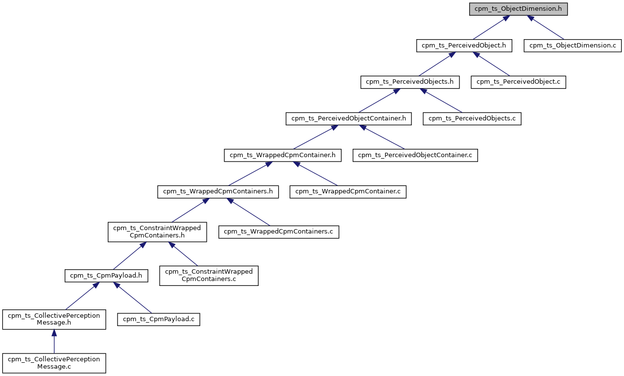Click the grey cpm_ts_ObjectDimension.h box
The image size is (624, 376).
518,9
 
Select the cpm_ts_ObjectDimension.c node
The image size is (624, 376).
573,46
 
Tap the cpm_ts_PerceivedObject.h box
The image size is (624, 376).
464,46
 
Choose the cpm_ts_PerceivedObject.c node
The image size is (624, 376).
518,82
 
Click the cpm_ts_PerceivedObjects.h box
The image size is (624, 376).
410,82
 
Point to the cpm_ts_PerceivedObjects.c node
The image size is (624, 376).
472,118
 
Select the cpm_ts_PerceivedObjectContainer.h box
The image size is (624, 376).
349,118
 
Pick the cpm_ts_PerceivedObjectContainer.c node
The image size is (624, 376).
415,155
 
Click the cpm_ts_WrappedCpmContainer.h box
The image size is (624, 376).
283,155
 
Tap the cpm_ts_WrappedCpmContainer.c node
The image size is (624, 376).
348,191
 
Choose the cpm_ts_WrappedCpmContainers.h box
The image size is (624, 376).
218,191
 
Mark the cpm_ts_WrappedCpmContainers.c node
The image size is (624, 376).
279,231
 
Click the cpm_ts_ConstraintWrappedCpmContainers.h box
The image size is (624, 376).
157,232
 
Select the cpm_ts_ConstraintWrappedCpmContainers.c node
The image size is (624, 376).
209,275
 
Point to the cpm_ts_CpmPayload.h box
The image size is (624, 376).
106,276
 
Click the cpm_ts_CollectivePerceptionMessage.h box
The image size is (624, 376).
54,319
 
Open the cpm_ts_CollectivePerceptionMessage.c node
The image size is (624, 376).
54,363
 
